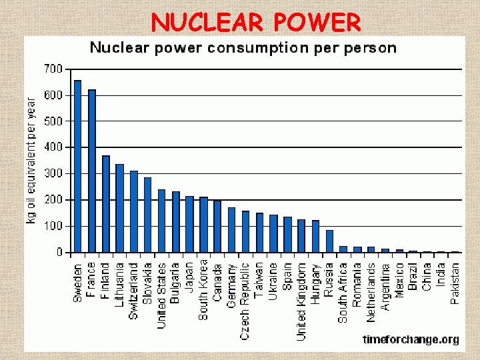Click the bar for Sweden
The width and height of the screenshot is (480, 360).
[77, 166]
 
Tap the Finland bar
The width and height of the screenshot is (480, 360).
[105, 204]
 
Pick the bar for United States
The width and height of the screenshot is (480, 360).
[161, 221]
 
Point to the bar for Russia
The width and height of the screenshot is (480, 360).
[329, 241]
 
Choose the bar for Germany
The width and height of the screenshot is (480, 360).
[231, 230]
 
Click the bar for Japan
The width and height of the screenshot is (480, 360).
[189, 224]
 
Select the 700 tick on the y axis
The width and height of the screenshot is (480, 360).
[53, 69]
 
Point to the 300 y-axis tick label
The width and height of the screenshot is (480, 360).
[53, 173]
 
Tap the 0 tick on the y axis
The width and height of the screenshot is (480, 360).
[59, 253]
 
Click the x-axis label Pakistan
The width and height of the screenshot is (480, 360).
[455, 283]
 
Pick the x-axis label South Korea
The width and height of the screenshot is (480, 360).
[203, 291]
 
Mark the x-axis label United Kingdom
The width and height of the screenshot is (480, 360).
[301, 301]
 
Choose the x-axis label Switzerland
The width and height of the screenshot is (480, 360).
[133, 291]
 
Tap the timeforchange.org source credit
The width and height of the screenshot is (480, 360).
[411, 339]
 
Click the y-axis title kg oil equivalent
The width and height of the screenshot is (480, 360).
[31, 160]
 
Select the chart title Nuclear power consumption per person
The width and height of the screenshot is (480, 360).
[243, 48]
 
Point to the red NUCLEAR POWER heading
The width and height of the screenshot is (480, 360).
[256, 23]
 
